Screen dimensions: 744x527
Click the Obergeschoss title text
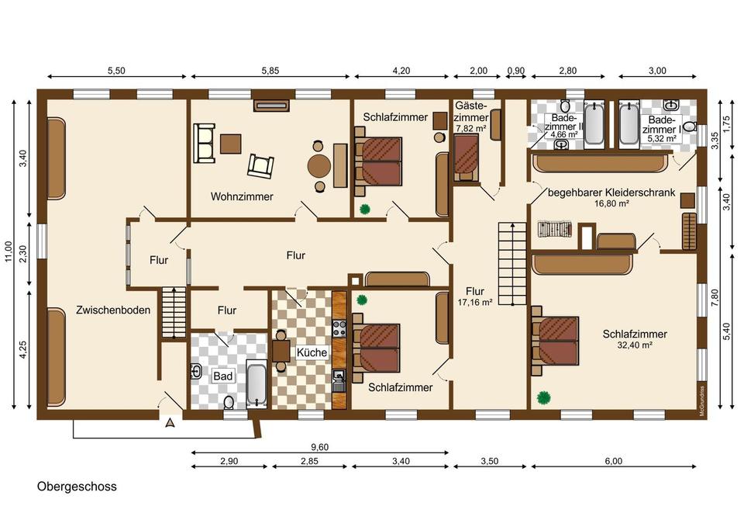tap(77, 487)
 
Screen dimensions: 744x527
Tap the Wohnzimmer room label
tap(242, 196)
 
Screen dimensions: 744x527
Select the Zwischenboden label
tap(113, 310)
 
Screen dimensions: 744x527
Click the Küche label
tap(312, 352)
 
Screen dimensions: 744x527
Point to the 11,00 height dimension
tap(9, 251)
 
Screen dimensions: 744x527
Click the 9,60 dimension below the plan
tap(319, 447)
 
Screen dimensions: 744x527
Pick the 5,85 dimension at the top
tap(270, 71)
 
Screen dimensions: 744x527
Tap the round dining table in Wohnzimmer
tap(319, 166)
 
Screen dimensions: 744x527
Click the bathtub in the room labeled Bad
tap(257, 384)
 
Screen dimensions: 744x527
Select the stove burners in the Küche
tap(339, 329)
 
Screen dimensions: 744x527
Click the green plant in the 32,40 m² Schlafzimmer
tap(544, 397)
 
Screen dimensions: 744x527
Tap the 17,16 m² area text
tap(475, 302)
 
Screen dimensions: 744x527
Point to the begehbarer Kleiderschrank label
tap(611, 192)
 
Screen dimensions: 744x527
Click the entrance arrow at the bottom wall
tap(170, 421)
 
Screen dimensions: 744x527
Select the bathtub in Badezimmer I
tap(629, 123)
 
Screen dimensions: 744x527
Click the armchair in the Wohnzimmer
tap(260, 165)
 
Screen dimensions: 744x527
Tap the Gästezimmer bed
tap(466, 158)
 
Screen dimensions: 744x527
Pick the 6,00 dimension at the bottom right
tap(614, 461)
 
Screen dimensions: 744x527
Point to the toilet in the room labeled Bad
tap(229, 403)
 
